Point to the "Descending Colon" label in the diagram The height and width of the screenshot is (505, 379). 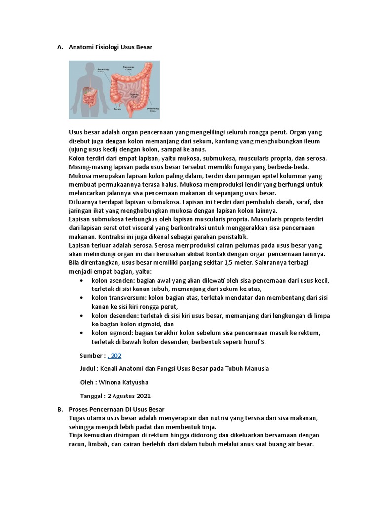pos(152,110)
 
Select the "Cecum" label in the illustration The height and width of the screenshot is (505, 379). pos(117,109)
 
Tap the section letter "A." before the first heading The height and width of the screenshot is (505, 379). pos(60,47)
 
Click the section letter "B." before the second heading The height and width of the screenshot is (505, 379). pos(60,410)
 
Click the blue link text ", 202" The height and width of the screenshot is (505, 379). pos(114,356)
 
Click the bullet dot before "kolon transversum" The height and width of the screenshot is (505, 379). pos(81,298)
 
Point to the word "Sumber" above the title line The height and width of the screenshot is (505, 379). pos(91,356)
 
